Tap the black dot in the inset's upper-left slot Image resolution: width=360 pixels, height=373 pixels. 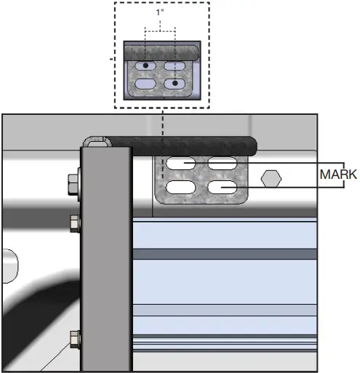tap(145, 66)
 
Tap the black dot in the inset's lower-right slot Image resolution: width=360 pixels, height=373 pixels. tap(175, 84)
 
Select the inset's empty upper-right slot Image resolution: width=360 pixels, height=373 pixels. tap(175, 66)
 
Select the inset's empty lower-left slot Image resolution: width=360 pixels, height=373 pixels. tap(145, 84)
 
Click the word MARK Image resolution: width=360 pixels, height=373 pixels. tap(337, 175)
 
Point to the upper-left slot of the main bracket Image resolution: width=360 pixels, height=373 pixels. tap(180, 163)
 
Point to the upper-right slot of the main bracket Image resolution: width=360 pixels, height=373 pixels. tap(223, 163)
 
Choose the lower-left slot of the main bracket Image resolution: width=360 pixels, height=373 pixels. tap(180, 188)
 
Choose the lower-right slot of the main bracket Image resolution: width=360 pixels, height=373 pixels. tap(223, 188)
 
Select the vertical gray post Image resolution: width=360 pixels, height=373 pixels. tap(106, 262)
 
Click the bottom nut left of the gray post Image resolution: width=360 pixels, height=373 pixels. tap(75, 337)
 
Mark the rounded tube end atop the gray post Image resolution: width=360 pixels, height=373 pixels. tap(95, 141)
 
